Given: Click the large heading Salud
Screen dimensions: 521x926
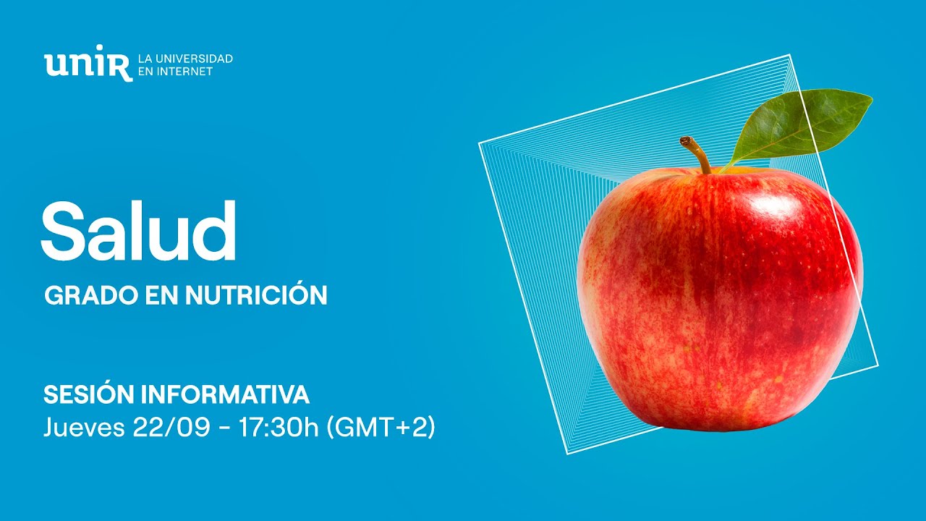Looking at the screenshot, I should [x=138, y=230].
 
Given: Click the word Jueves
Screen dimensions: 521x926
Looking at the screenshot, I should [x=84, y=428].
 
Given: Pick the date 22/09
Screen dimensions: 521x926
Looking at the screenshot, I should [x=171, y=428].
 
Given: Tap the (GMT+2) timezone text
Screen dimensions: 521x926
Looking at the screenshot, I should [x=381, y=428].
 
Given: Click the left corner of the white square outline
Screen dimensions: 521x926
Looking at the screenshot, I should [x=480, y=143].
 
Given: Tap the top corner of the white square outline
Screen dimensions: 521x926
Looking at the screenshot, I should [x=789, y=55].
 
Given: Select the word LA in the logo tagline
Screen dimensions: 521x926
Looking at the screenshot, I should [x=144, y=58].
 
